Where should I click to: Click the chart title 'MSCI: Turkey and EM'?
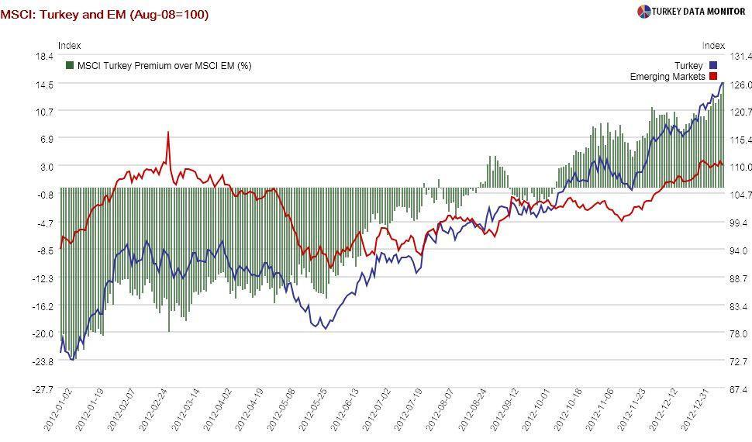coord(104,14)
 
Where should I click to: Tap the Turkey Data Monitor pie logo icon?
coord(643,12)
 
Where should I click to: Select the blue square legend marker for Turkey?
coord(712,66)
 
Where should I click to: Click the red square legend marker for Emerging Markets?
coord(712,77)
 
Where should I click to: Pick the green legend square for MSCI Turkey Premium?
coord(70,66)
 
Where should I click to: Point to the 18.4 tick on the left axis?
coord(43,57)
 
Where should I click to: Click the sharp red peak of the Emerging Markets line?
coord(168,133)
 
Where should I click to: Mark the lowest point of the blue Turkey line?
coord(72,360)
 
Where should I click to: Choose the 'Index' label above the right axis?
coord(713,46)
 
